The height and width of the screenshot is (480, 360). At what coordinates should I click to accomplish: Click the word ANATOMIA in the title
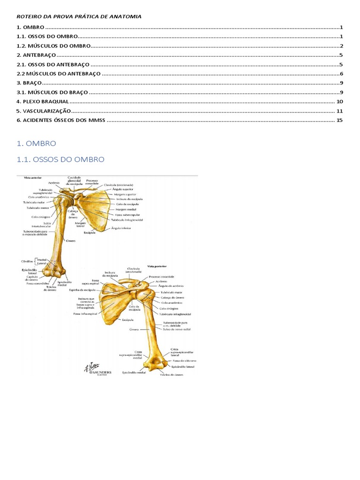coord(126,16)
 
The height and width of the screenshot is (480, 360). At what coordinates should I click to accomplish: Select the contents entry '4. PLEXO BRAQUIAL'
coord(42,102)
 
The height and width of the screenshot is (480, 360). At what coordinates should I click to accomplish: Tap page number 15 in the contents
coord(340,120)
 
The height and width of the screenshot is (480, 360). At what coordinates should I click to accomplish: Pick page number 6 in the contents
coord(342,74)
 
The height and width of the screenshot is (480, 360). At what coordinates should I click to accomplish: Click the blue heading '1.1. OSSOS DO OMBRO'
coord(60,159)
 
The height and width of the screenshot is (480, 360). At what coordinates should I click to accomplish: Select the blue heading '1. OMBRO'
coord(36,143)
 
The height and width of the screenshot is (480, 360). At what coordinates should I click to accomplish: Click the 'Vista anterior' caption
coord(27,178)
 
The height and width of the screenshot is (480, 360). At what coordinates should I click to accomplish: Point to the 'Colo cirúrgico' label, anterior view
coord(41,217)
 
